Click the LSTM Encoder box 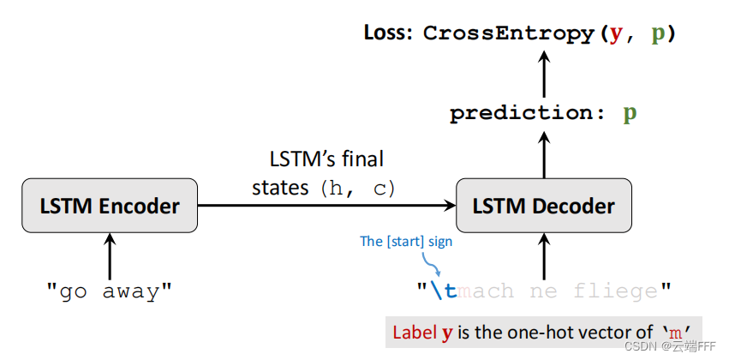pos(110,206)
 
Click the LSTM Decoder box pos(544,206)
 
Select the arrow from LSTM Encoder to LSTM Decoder pos(326,206)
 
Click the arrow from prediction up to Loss pos(544,72)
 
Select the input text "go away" pos(110,291)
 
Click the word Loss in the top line pos(388,33)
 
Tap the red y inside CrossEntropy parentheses pos(615,34)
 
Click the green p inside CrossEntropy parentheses pos(658,34)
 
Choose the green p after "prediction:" pos(630,113)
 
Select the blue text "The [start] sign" pos(405,242)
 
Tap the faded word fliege pos(615,291)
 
